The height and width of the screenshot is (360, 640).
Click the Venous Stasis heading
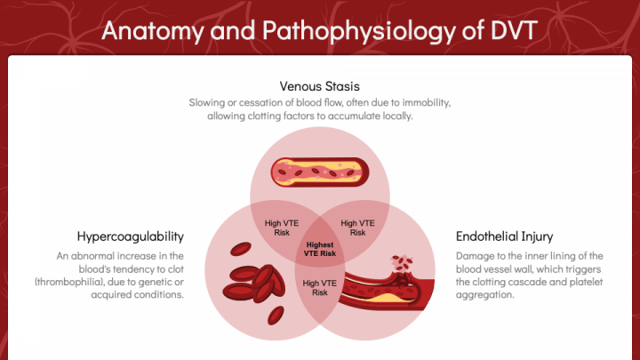coord(319,86)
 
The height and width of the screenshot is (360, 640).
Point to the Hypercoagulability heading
coord(131,236)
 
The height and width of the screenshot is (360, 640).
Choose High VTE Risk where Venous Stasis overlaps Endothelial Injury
coord(358,227)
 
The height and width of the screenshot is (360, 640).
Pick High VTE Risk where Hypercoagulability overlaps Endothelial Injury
coord(320,287)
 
